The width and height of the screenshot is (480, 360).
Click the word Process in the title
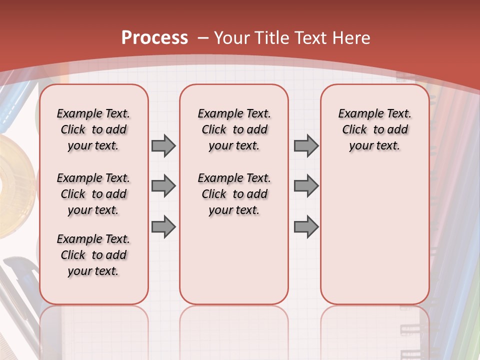tap(154, 37)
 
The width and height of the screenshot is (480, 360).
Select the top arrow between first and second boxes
tap(163, 145)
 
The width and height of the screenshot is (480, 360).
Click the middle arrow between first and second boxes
tap(163, 186)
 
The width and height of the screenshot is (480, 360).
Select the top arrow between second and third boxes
tap(306, 145)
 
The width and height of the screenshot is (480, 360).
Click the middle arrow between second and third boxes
tap(306, 186)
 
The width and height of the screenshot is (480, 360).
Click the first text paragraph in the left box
tap(93, 129)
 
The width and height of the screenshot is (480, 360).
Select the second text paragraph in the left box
tap(93, 194)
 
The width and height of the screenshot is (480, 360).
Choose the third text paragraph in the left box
tap(93, 255)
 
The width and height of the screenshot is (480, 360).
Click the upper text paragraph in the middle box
tap(234, 129)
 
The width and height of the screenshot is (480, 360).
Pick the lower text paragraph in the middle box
tap(234, 194)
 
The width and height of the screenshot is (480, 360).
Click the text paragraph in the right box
tap(374, 129)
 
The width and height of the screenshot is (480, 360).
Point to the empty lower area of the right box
tap(374, 235)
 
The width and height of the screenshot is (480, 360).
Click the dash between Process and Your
tap(202, 38)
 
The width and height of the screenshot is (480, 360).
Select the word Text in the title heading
tap(312, 37)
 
